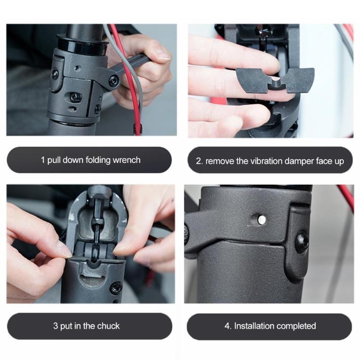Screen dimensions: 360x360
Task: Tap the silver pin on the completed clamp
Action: pos(261,219)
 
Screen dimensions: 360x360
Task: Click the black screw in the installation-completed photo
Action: pos(302,243)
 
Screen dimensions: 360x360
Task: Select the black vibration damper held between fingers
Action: pos(275,79)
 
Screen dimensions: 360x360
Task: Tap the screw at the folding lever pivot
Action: pos(114,81)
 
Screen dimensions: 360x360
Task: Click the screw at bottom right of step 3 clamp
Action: pos(116,287)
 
